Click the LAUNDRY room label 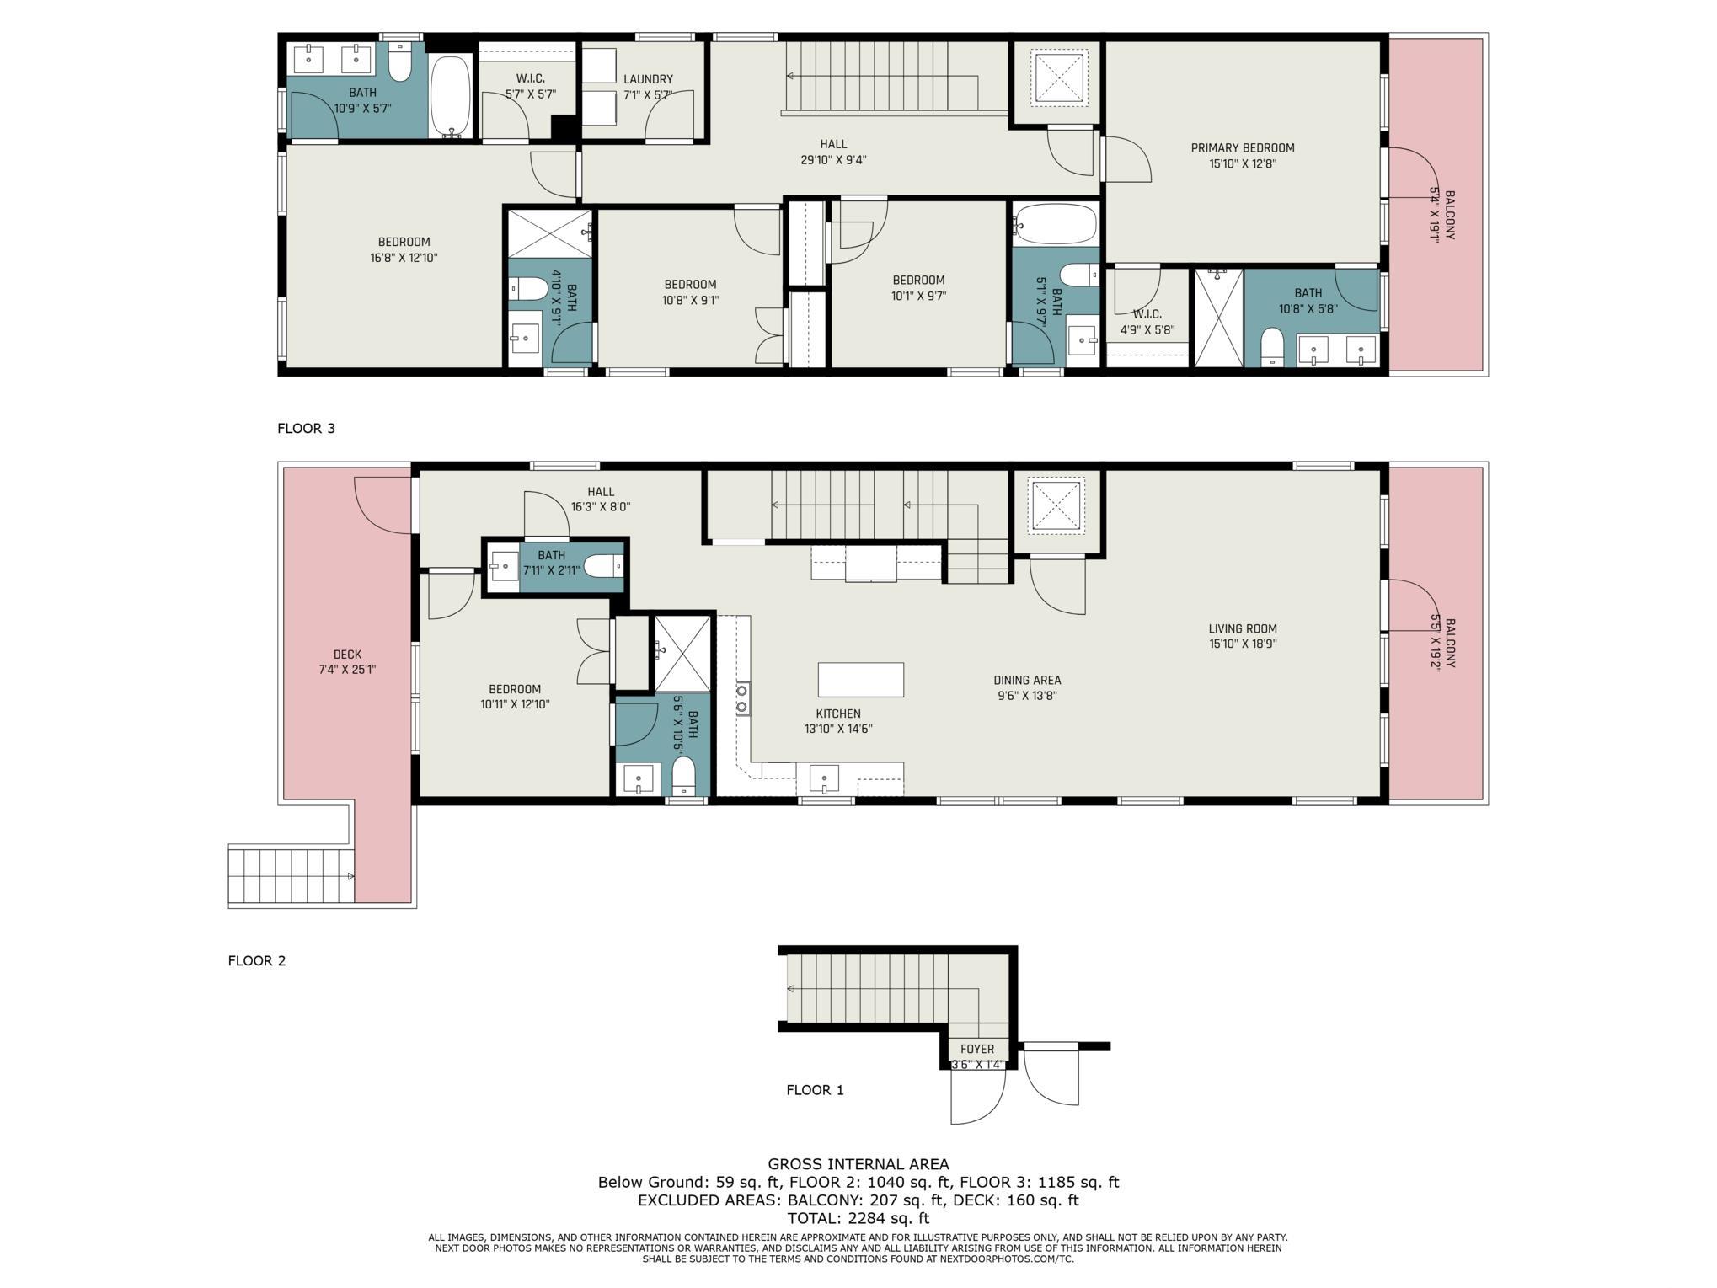648,79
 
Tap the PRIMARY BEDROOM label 1243,148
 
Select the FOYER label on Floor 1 977,1049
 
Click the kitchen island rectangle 860,679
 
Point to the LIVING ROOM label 1243,628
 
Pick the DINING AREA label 1027,680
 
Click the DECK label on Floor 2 347,655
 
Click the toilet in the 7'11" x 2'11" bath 603,567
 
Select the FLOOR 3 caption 306,428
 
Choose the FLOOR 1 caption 815,1090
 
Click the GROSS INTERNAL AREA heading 858,1165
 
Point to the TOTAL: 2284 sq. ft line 858,1218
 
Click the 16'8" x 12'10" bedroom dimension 404,258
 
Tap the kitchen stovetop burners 742,699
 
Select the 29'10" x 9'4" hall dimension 833,160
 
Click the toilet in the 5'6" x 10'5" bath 683,775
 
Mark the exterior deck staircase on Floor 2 292,876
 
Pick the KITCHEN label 838,713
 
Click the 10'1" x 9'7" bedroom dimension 918,296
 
